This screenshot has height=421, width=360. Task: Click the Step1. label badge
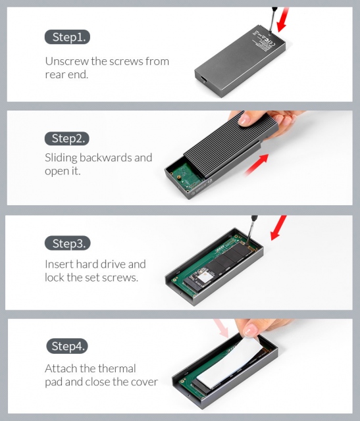click(x=67, y=37)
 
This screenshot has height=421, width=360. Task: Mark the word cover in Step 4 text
click(x=143, y=382)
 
